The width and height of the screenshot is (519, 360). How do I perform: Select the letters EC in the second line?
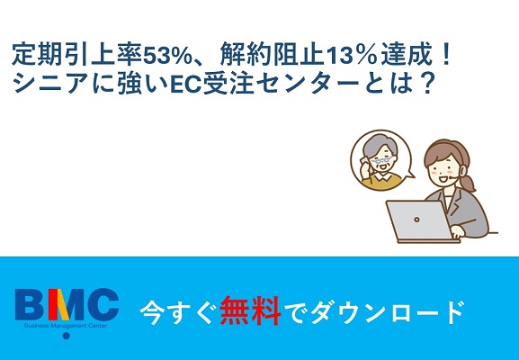tap(186, 84)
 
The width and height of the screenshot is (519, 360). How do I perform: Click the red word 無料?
tap(250, 310)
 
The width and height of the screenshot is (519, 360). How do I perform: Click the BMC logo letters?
tap(67, 303)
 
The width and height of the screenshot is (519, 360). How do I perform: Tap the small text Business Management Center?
tap(66, 326)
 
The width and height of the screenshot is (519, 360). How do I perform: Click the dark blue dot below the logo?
tap(67, 336)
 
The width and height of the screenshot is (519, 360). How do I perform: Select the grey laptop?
tap(421, 221)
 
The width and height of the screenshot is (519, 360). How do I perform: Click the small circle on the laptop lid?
tap(416, 220)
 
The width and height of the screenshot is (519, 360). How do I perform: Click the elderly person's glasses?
tap(382, 160)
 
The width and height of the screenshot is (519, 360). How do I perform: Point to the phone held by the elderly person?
tap(363, 161)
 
